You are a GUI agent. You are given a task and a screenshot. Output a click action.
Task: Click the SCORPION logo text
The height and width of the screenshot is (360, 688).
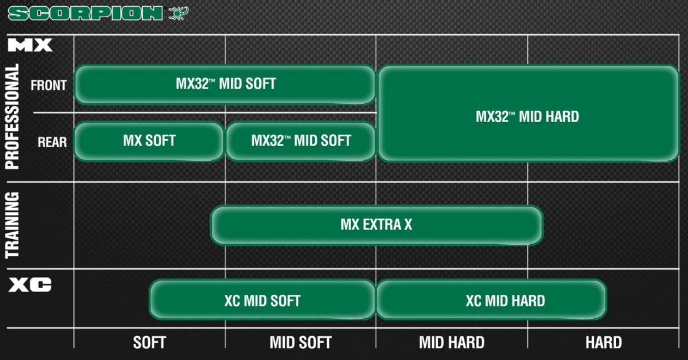click(x=85, y=13)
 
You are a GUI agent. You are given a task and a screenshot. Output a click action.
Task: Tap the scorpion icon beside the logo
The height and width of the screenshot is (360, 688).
click(x=178, y=13)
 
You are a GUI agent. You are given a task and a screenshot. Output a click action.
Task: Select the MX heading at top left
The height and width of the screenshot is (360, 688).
click(x=30, y=45)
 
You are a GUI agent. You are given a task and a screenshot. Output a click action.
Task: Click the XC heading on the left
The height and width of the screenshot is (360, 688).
click(x=30, y=285)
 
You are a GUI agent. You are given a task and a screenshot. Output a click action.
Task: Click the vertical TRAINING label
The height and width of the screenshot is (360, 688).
click(x=12, y=225)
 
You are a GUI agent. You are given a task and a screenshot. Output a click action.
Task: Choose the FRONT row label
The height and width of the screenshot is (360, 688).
click(x=49, y=85)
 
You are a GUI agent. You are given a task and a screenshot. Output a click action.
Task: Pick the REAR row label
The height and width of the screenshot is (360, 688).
click(x=52, y=142)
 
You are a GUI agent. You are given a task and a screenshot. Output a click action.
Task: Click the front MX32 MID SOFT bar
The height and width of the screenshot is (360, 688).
click(x=225, y=84)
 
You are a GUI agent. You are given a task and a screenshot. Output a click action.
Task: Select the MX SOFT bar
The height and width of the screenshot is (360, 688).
click(x=149, y=141)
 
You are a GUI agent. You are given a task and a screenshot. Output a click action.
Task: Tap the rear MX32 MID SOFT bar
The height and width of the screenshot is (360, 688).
click(x=301, y=141)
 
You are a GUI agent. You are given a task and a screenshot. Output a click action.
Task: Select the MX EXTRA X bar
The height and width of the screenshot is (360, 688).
click(x=376, y=225)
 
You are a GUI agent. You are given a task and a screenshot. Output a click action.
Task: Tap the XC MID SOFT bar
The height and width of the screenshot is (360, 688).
click(x=262, y=300)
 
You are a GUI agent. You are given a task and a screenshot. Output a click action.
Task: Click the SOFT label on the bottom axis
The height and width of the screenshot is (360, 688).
click(x=149, y=342)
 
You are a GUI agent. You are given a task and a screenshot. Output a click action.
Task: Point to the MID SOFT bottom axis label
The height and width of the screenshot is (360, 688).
click(x=301, y=342)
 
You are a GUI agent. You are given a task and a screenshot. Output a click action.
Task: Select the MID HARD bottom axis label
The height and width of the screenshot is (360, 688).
click(x=452, y=342)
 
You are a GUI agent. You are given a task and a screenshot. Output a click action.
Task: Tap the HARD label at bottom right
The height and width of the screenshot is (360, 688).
click(x=603, y=342)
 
